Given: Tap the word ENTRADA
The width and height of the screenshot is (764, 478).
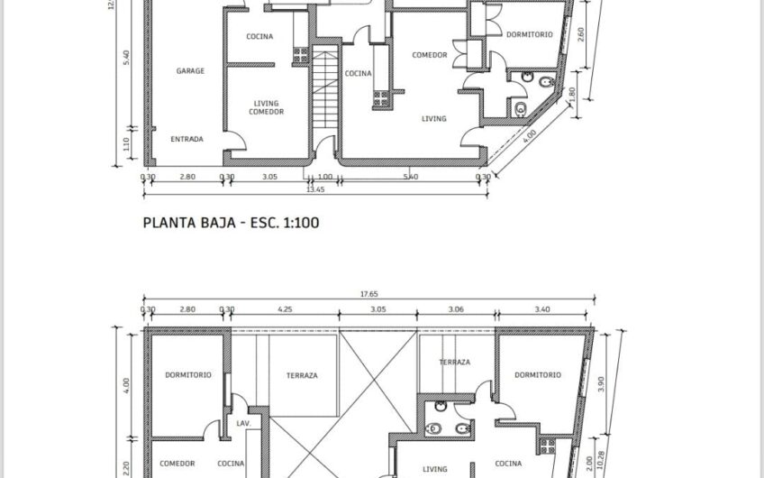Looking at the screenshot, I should tap(187, 139).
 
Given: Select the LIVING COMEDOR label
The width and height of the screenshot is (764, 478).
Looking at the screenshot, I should tap(268, 107).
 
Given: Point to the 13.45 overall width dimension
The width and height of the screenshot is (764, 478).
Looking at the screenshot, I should tap(315, 189).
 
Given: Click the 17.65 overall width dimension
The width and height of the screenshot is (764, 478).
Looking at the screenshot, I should tap(366, 292).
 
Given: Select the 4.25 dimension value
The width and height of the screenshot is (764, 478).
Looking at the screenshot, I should tap(285, 309).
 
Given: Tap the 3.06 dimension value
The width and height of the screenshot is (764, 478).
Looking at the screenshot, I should tap(456, 309).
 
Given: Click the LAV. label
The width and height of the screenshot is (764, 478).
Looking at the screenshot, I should tap(243, 423).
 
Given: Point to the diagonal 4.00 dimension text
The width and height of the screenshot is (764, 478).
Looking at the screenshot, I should tap(529, 137).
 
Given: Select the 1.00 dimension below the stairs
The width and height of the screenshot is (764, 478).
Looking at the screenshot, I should tap(325, 178).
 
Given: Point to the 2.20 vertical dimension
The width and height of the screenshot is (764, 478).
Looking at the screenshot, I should tap(127, 466).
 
